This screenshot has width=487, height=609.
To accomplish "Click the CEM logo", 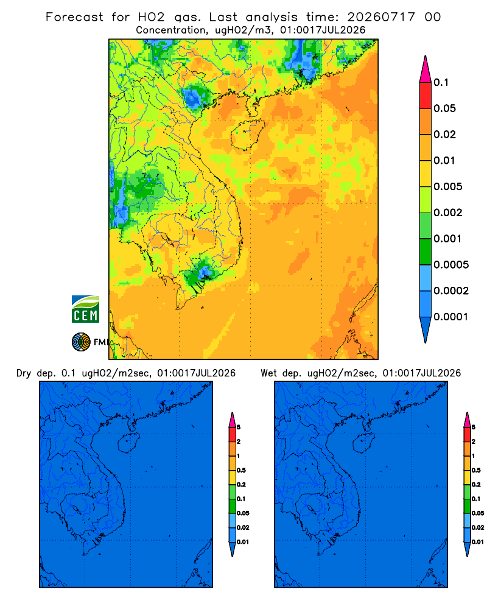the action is point(85,309).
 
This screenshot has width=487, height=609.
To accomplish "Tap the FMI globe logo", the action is point(81,342).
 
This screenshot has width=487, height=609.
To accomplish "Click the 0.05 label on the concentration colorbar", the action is point(444,108).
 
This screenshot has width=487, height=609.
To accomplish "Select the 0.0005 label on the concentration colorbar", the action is point(451,265).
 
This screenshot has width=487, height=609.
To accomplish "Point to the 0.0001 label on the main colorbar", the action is point(451,317).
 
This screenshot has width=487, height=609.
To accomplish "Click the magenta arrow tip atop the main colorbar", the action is point(426,69).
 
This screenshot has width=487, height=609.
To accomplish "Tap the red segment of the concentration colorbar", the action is point(426,96).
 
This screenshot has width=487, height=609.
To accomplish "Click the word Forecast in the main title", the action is point(74,17).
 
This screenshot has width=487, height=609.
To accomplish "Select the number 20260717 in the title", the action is point(381,17).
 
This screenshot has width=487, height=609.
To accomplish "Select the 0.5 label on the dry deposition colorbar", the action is point(241,470).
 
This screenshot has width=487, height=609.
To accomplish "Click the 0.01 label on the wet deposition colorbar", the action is point(478,542).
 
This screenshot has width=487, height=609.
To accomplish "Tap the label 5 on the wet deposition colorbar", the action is point(474,428).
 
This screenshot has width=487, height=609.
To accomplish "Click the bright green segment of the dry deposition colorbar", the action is point(232,492).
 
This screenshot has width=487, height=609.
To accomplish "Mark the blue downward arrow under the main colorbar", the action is point(426,329).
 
